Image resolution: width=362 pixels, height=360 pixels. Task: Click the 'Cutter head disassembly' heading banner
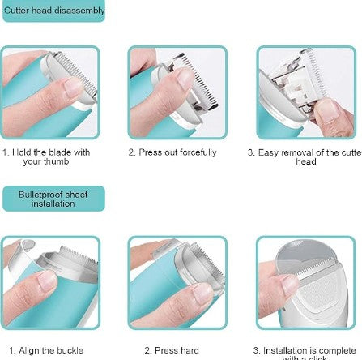click(x=55, y=11)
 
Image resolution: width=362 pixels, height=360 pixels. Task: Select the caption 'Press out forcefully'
click(x=172, y=152)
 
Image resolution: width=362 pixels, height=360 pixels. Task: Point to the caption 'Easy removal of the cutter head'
click(x=305, y=156)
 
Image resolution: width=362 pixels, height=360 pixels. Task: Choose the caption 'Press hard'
click(x=160, y=350)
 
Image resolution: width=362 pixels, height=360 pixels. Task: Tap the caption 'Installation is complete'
click(x=305, y=351)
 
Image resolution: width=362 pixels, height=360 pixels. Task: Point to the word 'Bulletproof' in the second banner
click(x=40, y=195)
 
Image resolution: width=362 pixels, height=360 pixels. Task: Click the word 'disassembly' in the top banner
click(x=80, y=11)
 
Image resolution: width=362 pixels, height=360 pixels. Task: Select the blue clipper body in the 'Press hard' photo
click(x=154, y=300)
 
